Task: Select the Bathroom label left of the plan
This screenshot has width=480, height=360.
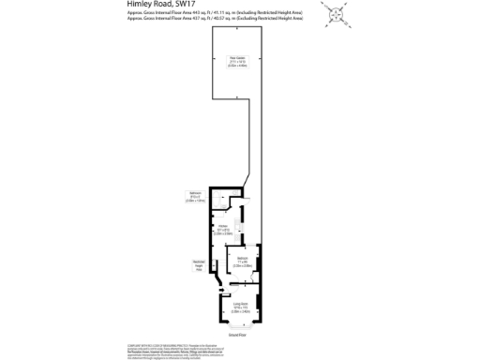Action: click(195, 194)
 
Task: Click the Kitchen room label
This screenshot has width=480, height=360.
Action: click(224, 226)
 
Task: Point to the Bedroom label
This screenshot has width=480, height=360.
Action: click(242, 258)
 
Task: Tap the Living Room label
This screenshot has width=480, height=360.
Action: click(238, 304)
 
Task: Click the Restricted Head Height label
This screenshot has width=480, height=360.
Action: click(199, 265)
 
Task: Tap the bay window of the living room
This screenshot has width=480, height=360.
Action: click(238, 322)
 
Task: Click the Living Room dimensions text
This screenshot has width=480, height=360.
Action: click(238, 310)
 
